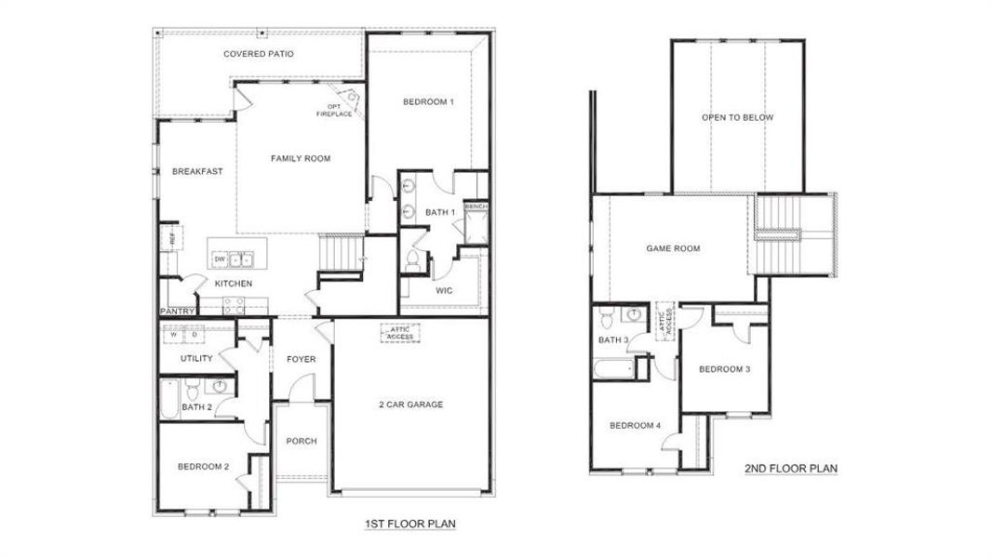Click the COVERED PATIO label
pos(258,54)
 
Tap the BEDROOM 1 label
pos(428,101)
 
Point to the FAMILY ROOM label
pos(300,159)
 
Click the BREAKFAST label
pos(197,171)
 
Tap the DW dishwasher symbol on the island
pos(221,259)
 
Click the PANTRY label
pos(176,312)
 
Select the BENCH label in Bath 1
pos(476,206)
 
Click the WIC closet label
pos(444,290)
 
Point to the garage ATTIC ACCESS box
pos(399,332)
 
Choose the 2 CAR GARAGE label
pos(410,405)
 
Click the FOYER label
pos(301,359)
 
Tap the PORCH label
pos(301,441)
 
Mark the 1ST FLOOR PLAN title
pos(409,525)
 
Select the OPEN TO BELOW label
pos(737,118)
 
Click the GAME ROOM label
pos(673,248)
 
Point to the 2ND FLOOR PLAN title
pos(791,469)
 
